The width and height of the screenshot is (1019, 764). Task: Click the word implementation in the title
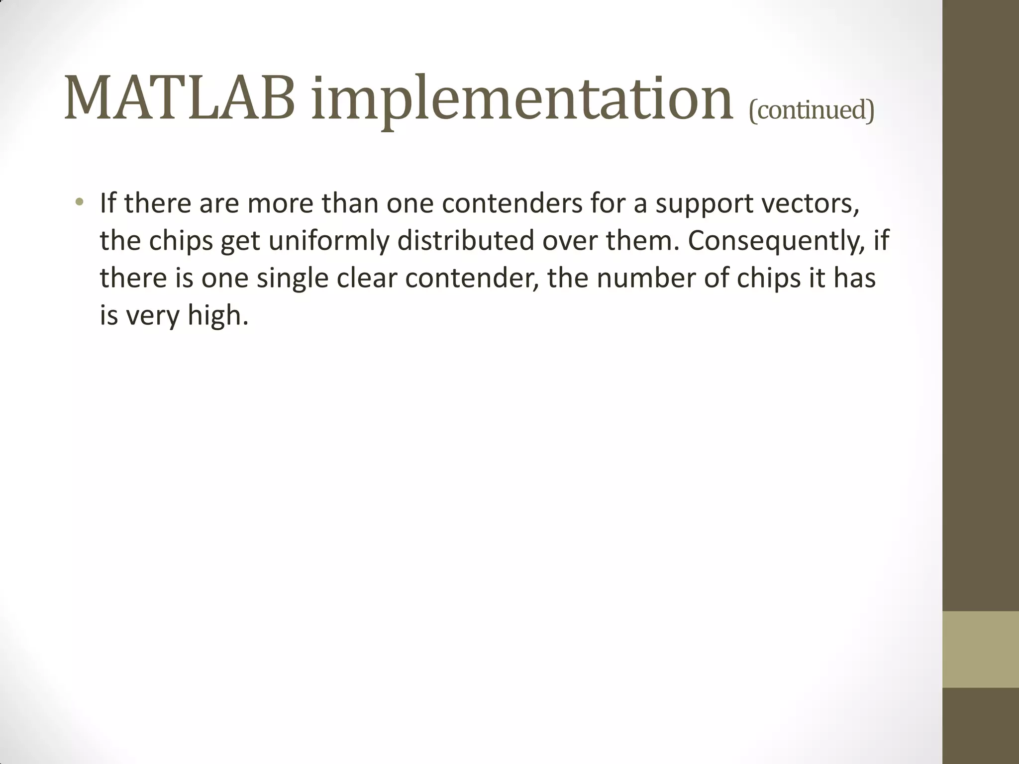click(x=522, y=102)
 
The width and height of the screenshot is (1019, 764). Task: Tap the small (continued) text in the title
click(x=811, y=110)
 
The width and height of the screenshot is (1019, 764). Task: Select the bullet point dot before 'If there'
click(x=79, y=202)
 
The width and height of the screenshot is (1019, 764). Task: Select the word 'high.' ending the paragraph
click(x=217, y=316)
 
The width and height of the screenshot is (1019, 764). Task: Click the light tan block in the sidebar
click(x=980, y=649)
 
